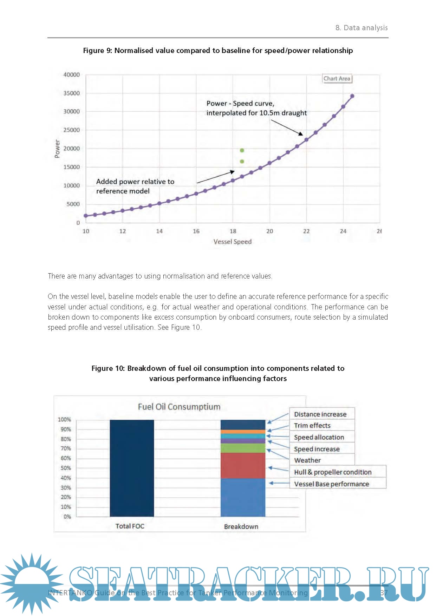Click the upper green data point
242,150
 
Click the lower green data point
242,162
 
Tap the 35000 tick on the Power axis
72,93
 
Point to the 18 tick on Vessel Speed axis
233,231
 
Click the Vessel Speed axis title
233,242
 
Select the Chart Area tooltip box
337,79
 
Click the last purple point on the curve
352,96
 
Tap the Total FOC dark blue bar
132,468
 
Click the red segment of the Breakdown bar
243,465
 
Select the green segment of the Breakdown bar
243,448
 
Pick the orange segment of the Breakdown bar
243,432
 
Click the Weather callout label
307,460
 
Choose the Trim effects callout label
312,426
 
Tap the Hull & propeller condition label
333,472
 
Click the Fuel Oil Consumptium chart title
179,407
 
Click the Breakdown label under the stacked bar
241,526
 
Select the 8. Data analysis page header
362,28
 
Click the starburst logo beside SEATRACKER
32,583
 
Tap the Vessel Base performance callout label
332,484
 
